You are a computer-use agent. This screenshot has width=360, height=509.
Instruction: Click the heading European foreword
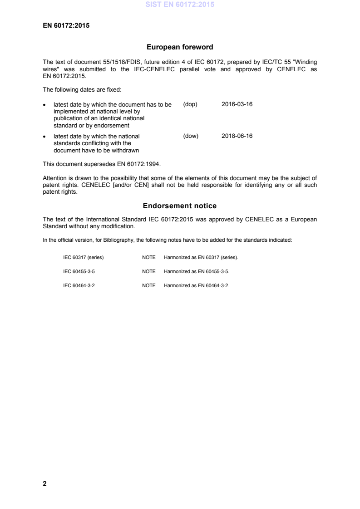click(180, 47)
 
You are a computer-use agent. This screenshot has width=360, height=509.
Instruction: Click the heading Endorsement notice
click(180, 206)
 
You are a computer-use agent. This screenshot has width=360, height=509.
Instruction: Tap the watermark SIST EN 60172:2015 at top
click(180, 5)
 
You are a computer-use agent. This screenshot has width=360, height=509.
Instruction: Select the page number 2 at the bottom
click(44, 484)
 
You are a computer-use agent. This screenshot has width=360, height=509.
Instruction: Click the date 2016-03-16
click(237, 104)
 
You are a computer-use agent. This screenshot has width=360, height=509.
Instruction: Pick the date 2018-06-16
click(237, 136)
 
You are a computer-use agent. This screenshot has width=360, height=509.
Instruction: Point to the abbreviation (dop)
click(190, 104)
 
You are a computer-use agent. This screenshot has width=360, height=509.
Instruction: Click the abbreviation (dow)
click(191, 136)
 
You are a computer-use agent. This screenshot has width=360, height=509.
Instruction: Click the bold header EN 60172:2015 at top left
click(66, 25)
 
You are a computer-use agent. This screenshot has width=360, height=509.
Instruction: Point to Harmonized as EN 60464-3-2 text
click(197, 285)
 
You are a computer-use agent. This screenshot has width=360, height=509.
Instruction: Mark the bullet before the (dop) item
click(44, 105)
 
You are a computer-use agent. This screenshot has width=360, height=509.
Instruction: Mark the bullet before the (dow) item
click(44, 136)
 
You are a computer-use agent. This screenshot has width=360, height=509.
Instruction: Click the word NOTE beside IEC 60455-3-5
click(148, 271)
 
